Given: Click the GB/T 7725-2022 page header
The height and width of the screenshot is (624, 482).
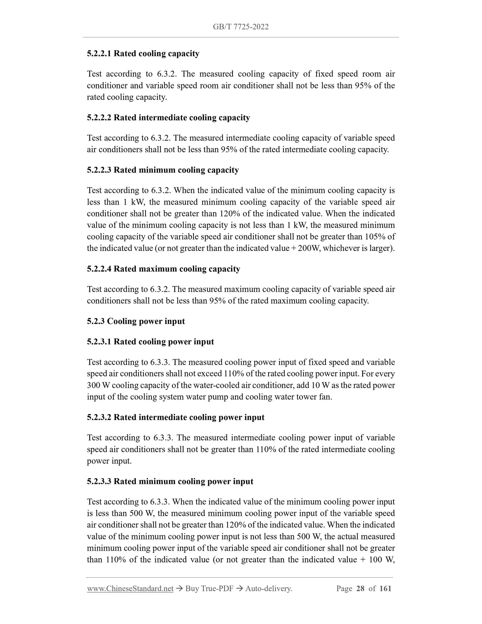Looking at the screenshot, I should (x=240, y=27).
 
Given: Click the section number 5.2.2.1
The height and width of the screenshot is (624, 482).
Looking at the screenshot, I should (x=99, y=54).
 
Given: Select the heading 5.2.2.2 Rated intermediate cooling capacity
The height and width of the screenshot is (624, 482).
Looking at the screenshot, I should (x=168, y=118).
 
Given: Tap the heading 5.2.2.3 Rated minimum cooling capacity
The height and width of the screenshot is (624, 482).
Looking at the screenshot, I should (x=163, y=170).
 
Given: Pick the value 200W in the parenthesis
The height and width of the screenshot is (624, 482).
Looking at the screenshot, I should (x=309, y=249).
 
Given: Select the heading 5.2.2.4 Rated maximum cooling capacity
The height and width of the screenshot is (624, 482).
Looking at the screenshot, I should (x=163, y=269).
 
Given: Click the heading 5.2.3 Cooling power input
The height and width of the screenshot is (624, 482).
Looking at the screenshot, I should (x=136, y=321).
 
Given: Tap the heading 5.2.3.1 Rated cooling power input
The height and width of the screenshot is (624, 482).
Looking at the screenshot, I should (x=150, y=342).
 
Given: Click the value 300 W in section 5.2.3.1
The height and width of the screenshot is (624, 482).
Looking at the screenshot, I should (x=98, y=385).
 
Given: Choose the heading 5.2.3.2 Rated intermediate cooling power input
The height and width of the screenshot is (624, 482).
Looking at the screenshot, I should (x=175, y=417).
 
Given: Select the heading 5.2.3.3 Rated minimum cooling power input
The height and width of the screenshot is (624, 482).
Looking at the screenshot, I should (x=170, y=482).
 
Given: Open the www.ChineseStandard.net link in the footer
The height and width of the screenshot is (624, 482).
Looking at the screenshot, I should (x=130, y=589).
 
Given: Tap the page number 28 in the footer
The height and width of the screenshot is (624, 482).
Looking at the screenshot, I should (x=360, y=589).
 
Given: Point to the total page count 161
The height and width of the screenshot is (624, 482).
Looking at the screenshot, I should (x=385, y=589).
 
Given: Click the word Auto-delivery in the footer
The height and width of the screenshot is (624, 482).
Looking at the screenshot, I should (x=268, y=589).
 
